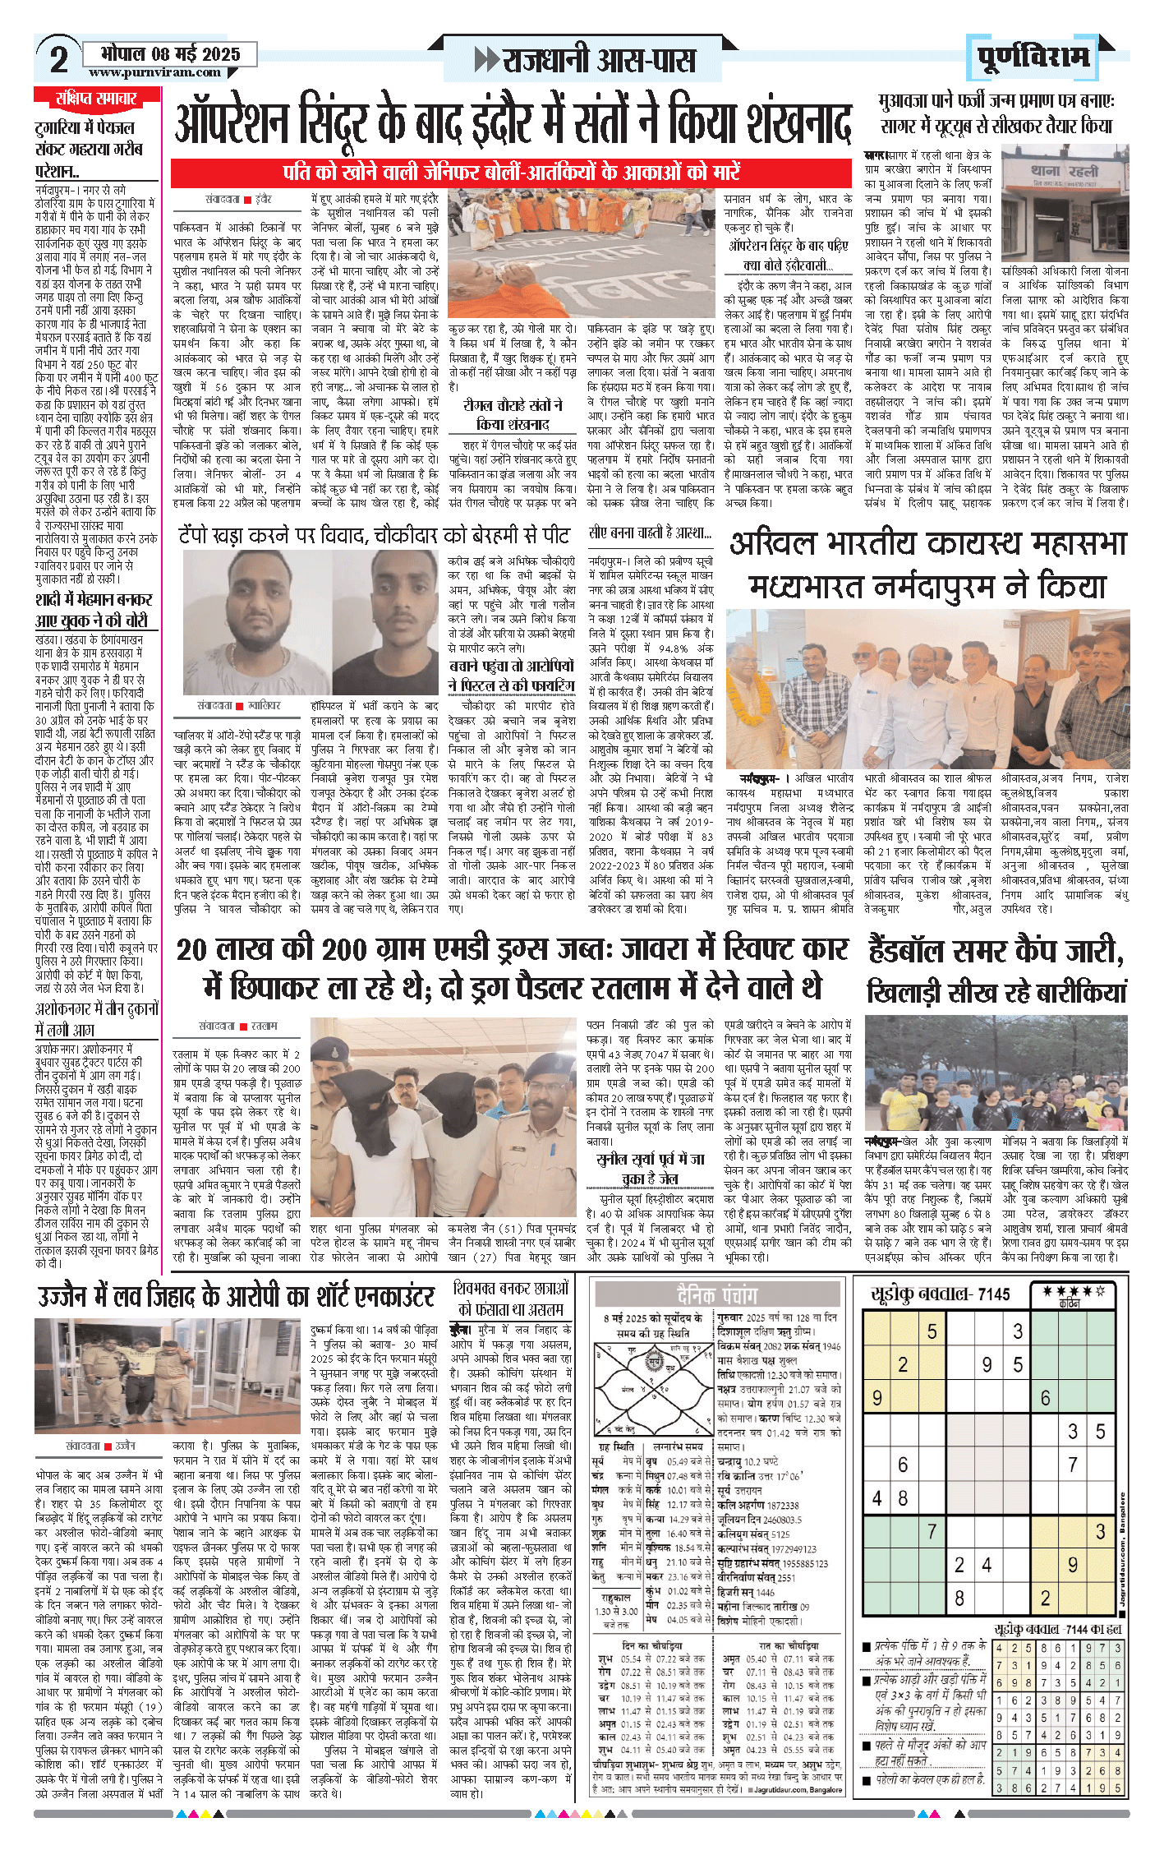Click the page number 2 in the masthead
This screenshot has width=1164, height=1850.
58,59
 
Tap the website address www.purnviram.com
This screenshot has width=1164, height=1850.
154,72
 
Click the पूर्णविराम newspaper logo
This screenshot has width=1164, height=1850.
1033,57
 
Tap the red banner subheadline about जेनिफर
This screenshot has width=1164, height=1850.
511,172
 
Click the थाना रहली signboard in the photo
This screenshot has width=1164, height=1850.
1064,172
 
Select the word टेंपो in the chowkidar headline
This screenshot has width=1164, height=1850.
202,536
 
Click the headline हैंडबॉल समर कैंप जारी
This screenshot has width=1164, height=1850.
996,950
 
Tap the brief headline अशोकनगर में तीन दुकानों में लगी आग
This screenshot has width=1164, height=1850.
96,1019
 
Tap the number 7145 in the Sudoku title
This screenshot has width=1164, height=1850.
994,1294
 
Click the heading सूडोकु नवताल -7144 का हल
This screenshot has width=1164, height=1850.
1057,1628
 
